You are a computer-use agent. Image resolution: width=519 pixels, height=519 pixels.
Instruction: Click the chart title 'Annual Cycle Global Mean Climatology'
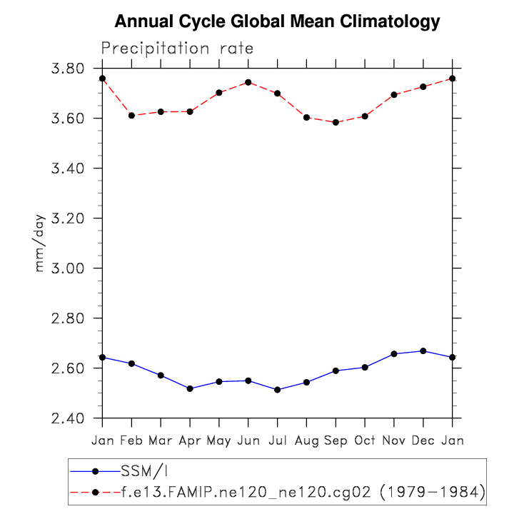tap(277, 22)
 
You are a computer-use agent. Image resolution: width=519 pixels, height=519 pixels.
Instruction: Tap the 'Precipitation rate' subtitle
tap(177, 49)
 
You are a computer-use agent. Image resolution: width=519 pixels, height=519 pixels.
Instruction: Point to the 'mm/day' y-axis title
tap(41, 243)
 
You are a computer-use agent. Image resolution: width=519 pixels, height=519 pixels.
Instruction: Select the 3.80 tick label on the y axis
tap(69, 69)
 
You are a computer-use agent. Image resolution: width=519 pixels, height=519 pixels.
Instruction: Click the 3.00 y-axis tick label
tap(69, 268)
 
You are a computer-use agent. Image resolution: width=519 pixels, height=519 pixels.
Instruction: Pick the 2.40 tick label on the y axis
tap(69, 418)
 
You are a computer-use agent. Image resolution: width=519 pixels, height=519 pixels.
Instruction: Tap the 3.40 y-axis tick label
tap(69, 168)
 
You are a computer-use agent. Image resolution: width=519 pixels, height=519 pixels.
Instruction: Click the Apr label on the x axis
tap(189, 440)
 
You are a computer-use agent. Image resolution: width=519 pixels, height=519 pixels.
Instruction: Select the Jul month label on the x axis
tap(277, 440)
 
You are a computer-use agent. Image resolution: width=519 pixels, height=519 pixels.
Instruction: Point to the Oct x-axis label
tap(364, 440)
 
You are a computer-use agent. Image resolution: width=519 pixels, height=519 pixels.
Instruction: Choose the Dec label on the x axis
tap(423, 440)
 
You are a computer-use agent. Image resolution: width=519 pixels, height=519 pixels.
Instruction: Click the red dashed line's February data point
tap(131, 116)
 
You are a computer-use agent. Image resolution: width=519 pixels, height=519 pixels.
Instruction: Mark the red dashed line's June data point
tap(248, 82)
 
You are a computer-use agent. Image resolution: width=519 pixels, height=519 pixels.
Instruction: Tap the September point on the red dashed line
tap(336, 122)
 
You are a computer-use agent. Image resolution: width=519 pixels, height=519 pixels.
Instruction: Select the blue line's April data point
tap(190, 388)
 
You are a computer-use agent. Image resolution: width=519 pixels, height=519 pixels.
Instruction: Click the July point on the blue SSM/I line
tap(277, 390)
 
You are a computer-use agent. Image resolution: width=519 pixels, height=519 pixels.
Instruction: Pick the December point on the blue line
tap(423, 351)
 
